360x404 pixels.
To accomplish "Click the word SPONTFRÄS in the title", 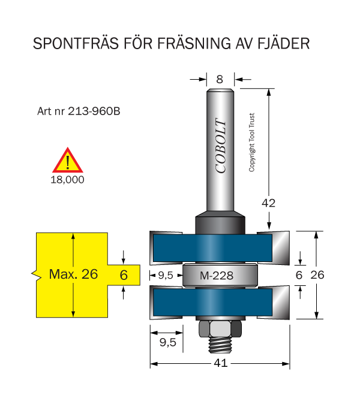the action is [x=76, y=43].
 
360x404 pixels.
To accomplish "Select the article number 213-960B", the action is [x=94, y=111].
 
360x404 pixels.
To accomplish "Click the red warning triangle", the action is [x=68, y=160].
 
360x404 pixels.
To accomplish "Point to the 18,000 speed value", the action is [x=67, y=180].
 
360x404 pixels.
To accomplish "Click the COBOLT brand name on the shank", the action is [x=221, y=146].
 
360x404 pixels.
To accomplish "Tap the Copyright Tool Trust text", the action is [x=251, y=142].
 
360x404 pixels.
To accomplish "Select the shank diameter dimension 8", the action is [x=220, y=79].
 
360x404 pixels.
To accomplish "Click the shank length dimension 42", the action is [x=268, y=203].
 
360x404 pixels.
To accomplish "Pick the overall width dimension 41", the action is [x=220, y=363].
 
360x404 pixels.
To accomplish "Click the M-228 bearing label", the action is [x=217, y=276].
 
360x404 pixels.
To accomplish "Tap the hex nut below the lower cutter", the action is [x=220, y=329].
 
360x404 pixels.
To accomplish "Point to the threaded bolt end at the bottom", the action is [x=220, y=345].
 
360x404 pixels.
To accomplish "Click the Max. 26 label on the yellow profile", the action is [x=73, y=274].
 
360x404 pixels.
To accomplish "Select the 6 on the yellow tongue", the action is [x=124, y=275].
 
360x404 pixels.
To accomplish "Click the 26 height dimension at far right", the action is [x=317, y=275].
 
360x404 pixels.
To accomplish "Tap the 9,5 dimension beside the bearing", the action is [x=166, y=276].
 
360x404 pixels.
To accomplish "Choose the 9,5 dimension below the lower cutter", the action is [x=167, y=342].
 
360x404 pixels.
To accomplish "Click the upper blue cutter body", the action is [x=213, y=248].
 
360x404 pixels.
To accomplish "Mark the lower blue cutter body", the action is [x=213, y=302].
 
